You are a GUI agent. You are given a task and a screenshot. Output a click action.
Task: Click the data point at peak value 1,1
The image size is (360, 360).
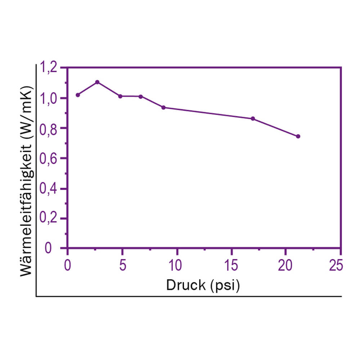pyautogui.click(x=97, y=82)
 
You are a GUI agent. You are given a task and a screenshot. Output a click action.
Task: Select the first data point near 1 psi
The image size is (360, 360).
pyautogui.click(x=78, y=95)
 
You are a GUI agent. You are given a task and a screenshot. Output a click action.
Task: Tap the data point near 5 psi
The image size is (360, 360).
pyautogui.click(x=120, y=96)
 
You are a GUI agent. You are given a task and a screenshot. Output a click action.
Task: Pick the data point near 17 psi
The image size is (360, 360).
pyautogui.click(x=253, y=119)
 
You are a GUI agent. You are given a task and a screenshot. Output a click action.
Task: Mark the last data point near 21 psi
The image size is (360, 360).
pyautogui.click(x=298, y=136)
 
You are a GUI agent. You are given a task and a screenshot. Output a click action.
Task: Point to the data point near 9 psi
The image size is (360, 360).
pyautogui.click(x=163, y=107)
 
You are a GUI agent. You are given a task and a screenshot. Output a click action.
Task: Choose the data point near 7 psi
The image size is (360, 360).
pyautogui.click(x=141, y=96)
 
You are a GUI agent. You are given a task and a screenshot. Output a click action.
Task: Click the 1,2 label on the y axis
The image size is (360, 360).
pyautogui.click(x=50, y=67)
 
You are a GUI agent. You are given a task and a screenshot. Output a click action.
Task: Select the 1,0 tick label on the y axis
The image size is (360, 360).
pyautogui.click(x=50, y=98)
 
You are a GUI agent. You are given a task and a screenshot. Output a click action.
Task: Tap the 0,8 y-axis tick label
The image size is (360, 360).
pyautogui.click(x=50, y=128)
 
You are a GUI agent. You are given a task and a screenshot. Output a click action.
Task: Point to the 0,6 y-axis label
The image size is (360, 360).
pyautogui.click(x=50, y=158)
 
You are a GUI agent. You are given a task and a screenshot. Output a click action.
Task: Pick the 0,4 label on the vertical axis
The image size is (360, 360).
pyautogui.click(x=50, y=188)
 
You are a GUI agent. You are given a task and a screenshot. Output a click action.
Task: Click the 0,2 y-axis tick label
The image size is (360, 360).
pyautogui.click(x=50, y=218)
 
